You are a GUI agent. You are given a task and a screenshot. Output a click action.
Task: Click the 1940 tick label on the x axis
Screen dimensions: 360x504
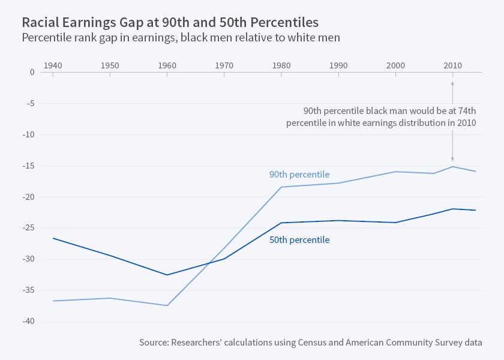click(x=53, y=64)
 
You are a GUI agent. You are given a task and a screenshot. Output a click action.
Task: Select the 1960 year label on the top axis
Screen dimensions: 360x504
click(x=167, y=64)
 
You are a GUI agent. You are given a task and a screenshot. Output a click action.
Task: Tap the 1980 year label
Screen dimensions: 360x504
click(x=281, y=64)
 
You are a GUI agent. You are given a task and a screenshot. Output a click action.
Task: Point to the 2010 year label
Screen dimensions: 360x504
click(x=452, y=64)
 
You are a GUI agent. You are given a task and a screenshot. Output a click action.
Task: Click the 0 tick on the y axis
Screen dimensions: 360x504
click(x=32, y=72)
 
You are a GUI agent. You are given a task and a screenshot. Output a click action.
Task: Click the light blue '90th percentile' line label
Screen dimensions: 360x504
click(x=299, y=175)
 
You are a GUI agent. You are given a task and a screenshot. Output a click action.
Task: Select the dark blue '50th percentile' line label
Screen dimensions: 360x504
click(x=299, y=239)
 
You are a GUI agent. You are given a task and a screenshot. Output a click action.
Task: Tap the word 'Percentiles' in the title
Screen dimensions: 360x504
click(x=283, y=22)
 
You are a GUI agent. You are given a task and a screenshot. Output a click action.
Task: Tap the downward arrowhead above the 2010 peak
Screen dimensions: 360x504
click(x=452, y=159)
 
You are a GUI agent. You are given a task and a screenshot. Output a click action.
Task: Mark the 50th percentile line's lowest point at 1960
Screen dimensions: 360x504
click(x=167, y=275)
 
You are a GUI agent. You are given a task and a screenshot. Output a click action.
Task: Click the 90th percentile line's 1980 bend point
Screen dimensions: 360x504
click(x=281, y=187)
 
